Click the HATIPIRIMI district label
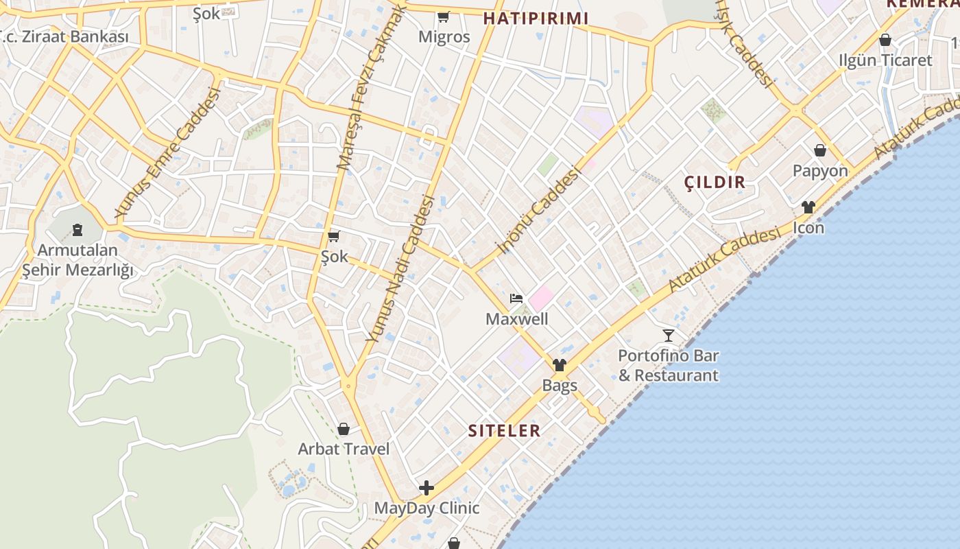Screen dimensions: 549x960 point(536,18)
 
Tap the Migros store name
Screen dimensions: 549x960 point(444,37)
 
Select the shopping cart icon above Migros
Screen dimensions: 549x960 point(444,16)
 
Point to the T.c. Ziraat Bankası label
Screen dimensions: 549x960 point(64,36)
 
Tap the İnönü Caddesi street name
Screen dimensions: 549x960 point(539,210)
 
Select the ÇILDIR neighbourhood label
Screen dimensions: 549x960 point(715,182)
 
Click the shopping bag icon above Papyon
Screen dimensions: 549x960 point(819,150)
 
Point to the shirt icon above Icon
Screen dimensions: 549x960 point(808,207)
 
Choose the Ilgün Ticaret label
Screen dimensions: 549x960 point(885,60)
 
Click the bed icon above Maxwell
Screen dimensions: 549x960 point(516,299)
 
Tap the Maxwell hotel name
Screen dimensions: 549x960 point(517,319)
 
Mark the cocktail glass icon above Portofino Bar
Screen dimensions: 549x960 point(669,336)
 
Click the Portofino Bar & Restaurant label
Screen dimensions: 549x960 point(669,366)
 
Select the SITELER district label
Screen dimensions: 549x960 point(504,431)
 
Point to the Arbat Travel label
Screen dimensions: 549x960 point(344,449)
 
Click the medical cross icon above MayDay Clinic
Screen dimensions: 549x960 point(427,488)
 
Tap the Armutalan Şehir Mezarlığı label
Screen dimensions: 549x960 point(77,260)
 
